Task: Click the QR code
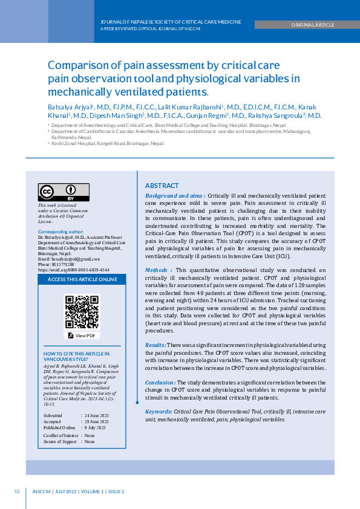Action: (82, 311)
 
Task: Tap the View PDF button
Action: (82, 336)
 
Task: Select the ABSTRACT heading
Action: (162, 186)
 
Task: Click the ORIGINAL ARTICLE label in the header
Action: (312, 25)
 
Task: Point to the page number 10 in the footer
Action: (17, 491)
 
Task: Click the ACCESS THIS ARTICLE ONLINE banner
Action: (82, 280)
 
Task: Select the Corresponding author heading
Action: (61, 232)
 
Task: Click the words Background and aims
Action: (174, 196)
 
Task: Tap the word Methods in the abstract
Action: (157, 270)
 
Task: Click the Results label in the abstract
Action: (155, 345)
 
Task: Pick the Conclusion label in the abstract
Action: (160, 382)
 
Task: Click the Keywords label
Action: (159, 411)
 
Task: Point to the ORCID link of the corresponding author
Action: (73, 270)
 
